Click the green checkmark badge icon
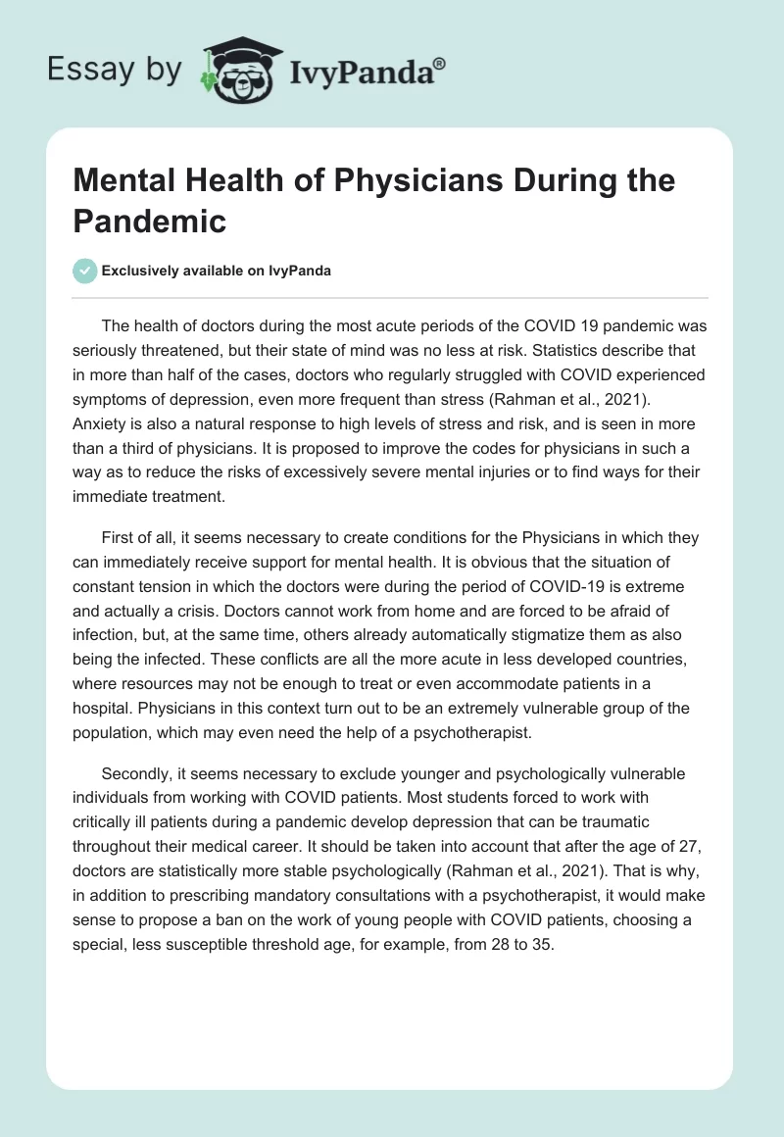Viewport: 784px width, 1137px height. coord(85,271)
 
